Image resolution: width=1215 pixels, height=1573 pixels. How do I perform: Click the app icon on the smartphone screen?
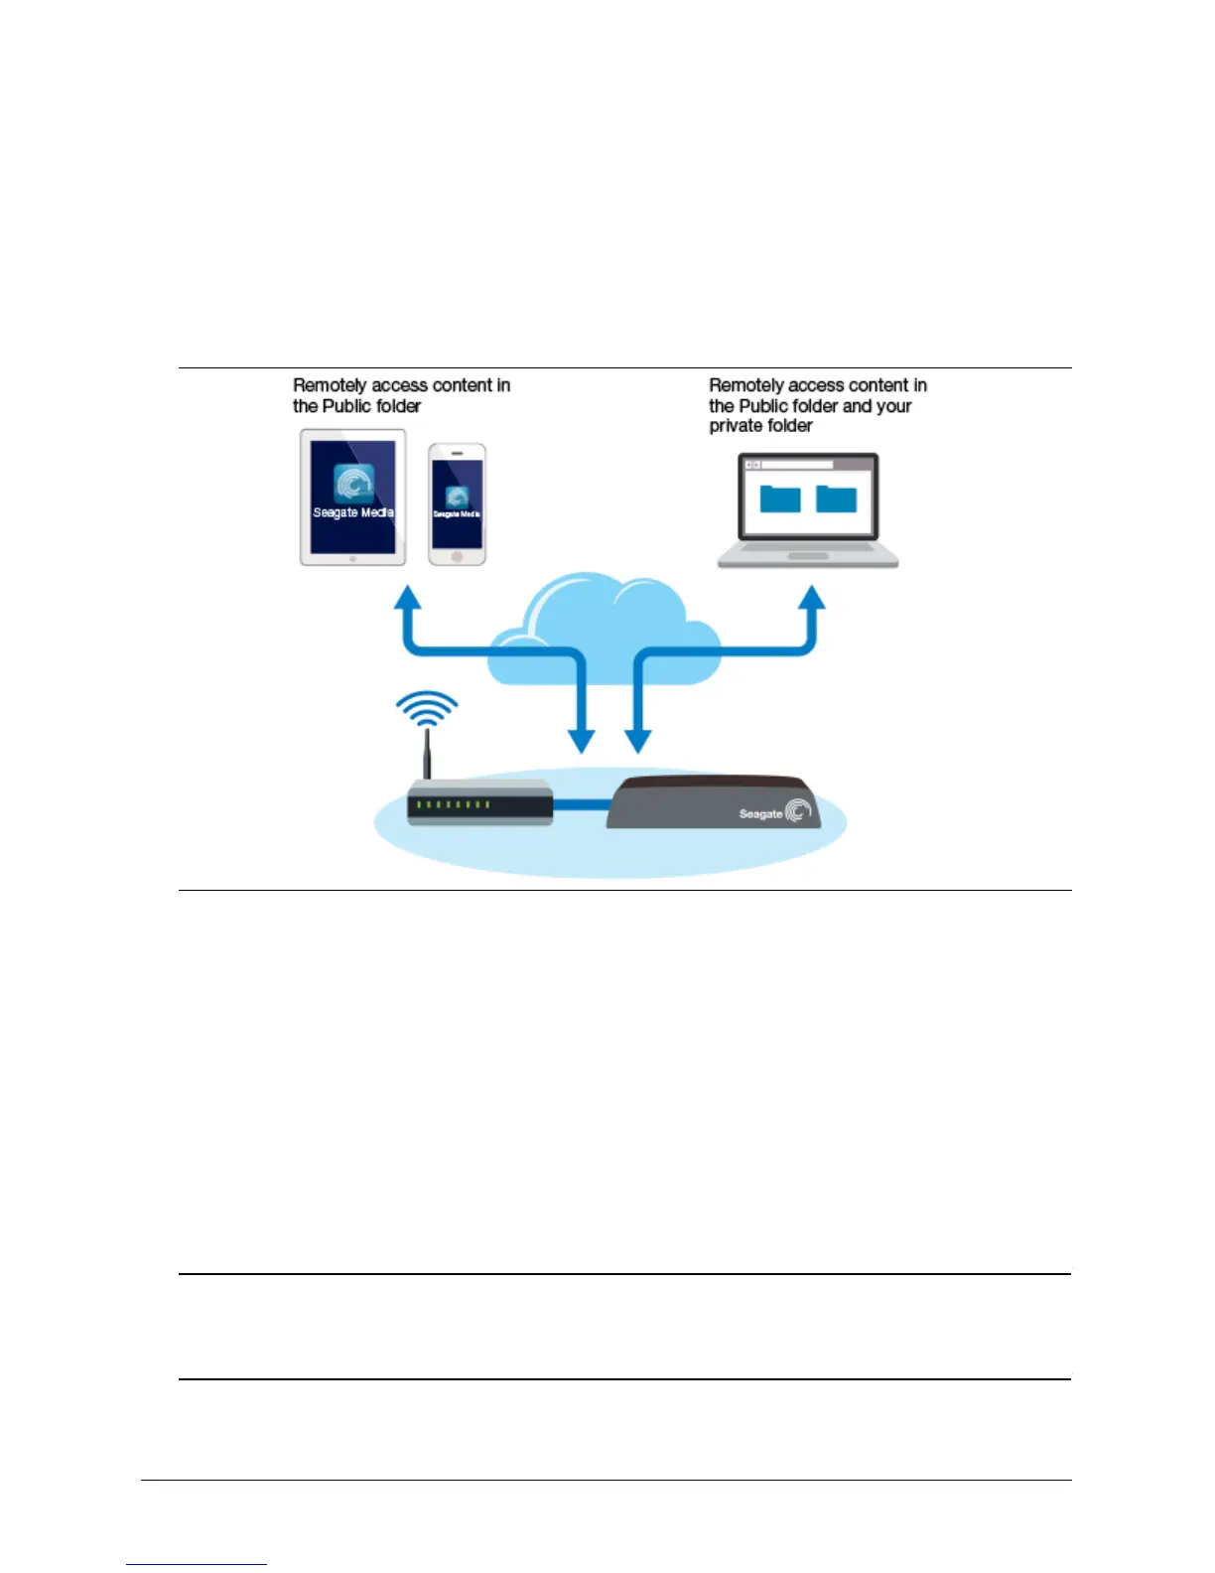tap(457, 496)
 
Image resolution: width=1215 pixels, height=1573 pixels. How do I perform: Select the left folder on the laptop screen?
tap(780, 499)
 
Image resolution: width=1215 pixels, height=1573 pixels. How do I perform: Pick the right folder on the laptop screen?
tap(836, 499)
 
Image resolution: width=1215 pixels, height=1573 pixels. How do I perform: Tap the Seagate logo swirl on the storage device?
tap(798, 812)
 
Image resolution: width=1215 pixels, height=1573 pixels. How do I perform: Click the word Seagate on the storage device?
tap(760, 814)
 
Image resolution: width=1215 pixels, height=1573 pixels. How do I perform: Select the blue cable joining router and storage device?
tap(581, 804)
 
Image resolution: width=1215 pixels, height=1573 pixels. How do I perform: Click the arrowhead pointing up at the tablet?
tap(408, 597)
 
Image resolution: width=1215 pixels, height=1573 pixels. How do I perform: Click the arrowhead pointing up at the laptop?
tap(812, 597)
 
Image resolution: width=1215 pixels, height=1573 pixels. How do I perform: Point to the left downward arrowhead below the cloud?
tap(581, 741)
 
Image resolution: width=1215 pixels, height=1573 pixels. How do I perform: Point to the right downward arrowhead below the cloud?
tap(637, 741)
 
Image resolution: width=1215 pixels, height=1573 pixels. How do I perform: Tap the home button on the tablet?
tap(352, 559)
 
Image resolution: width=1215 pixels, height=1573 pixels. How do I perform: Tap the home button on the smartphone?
tap(457, 557)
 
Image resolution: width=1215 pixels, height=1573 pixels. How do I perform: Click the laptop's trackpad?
tap(807, 556)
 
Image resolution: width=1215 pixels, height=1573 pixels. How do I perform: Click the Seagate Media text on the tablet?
tap(353, 512)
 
